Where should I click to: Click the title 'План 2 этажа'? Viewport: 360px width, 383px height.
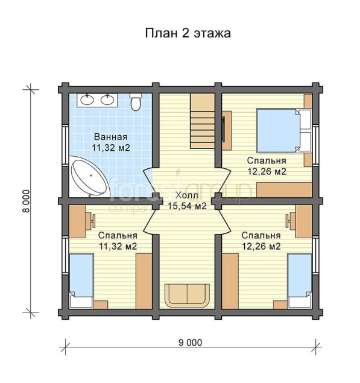(x=188, y=33)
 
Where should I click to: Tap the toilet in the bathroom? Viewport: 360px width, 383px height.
(x=136, y=102)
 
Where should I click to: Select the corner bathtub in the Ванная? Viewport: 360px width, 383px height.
(x=89, y=176)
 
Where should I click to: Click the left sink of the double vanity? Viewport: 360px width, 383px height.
(x=87, y=100)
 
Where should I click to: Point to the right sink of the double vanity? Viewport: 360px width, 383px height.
(x=107, y=100)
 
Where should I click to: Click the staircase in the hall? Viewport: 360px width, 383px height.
(x=203, y=121)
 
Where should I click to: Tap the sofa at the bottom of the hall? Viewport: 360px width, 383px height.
(x=187, y=296)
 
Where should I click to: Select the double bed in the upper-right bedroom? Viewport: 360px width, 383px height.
(x=284, y=130)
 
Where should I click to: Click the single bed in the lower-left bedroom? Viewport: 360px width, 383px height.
(x=81, y=281)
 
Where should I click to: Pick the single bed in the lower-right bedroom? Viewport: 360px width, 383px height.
(x=300, y=281)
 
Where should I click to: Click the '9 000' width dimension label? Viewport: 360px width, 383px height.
(x=191, y=343)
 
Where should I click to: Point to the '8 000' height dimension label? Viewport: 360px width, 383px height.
(x=27, y=201)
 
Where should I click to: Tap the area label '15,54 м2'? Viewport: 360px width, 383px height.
(x=187, y=206)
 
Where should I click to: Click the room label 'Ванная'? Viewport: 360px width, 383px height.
(x=110, y=137)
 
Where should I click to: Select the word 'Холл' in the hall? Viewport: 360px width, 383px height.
(x=187, y=195)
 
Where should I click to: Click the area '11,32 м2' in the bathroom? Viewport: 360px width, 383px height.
(x=110, y=148)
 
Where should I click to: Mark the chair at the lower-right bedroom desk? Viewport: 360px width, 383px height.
(x=291, y=221)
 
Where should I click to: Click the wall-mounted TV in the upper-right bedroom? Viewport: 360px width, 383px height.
(x=223, y=129)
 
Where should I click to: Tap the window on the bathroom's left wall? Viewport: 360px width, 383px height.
(x=65, y=145)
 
